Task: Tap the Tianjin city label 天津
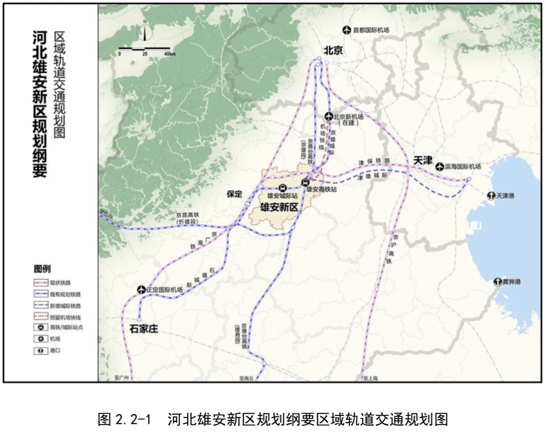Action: [423, 160]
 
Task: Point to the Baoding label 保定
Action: [235, 194]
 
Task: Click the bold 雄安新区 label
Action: [279, 207]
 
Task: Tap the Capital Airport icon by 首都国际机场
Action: [346, 30]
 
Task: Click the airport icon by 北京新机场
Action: [328, 116]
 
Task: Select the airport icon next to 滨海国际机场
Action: [439, 166]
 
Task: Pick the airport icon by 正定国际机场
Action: [141, 289]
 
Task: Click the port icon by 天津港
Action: [490, 196]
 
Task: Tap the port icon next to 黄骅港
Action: [497, 282]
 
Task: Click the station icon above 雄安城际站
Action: [282, 187]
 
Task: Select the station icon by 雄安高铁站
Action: [305, 183]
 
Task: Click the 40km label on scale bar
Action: [168, 54]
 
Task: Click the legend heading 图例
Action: [42, 269]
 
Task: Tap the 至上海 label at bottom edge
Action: [371, 378]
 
